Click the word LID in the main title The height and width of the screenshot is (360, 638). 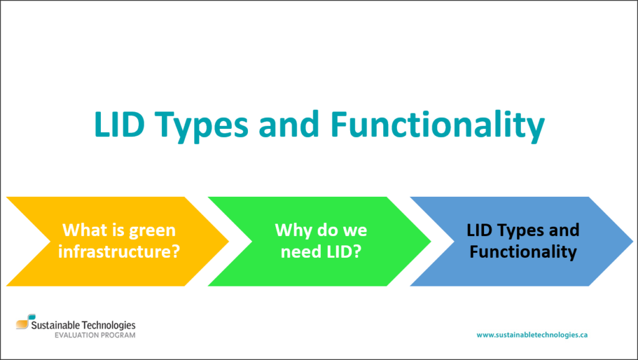click(x=119, y=124)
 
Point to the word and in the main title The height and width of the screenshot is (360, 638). click(x=289, y=124)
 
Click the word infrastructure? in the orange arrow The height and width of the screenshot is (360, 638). click(x=119, y=252)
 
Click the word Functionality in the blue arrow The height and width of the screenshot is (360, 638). click(x=523, y=252)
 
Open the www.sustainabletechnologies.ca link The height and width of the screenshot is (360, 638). click(x=532, y=335)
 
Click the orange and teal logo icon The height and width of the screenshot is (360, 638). click(x=25, y=321)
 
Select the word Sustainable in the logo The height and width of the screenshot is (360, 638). click(x=55, y=325)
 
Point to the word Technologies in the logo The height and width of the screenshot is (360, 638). click(x=108, y=325)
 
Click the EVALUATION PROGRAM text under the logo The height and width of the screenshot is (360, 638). click(x=95, y=335)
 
